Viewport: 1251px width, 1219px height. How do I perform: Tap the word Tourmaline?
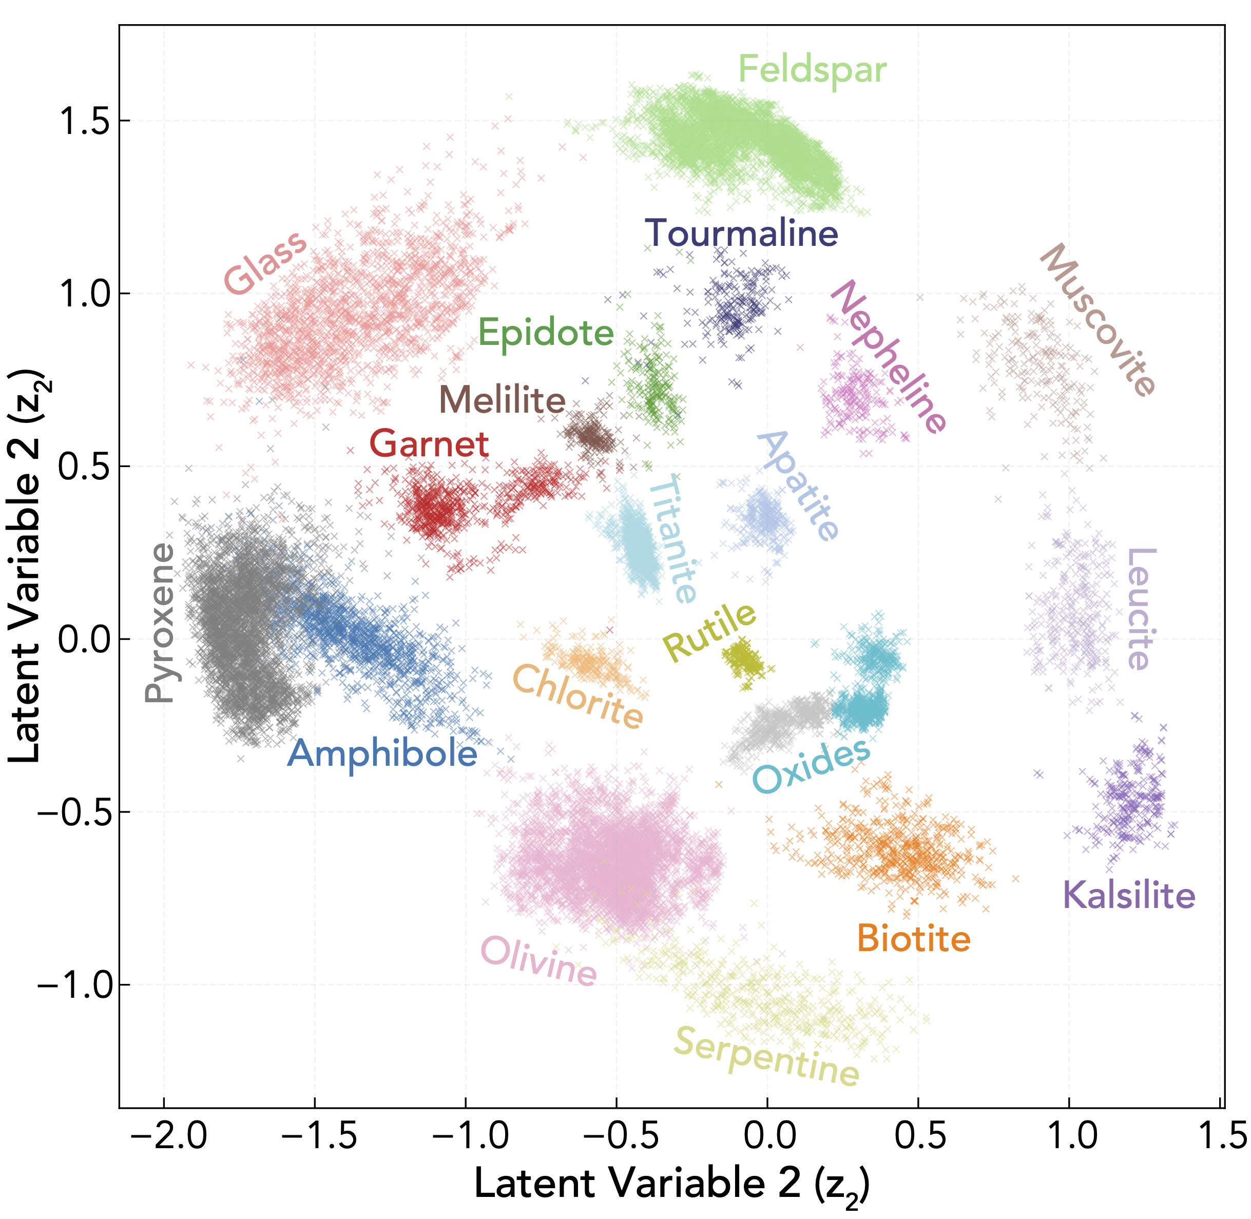741,233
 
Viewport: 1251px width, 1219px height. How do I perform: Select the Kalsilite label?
1128,895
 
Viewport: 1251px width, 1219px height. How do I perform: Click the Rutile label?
709,631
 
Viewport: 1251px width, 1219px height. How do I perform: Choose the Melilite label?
502,400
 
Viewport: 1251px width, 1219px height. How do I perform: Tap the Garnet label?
429,443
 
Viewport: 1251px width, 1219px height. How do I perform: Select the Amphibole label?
382,753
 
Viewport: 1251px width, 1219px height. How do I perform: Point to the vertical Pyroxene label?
160,622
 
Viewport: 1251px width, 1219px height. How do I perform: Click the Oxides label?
811,766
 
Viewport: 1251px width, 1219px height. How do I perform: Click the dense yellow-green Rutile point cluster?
743,660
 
